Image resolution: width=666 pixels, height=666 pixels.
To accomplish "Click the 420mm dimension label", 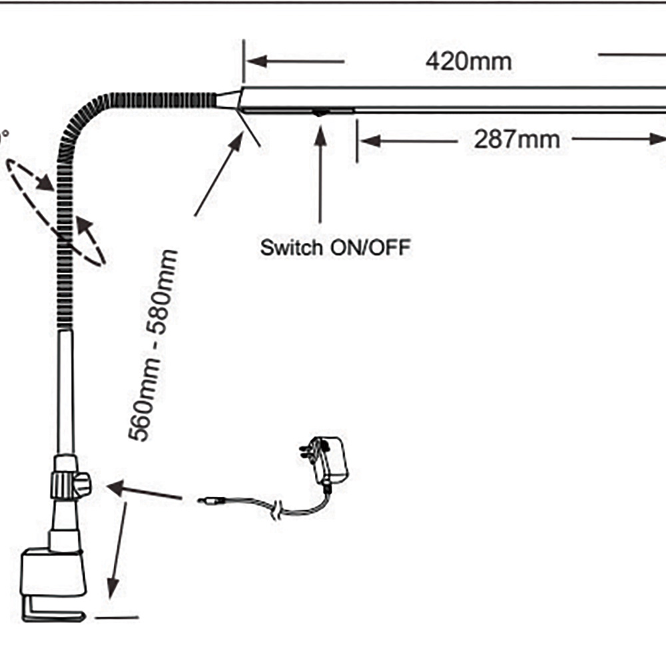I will [469, 61].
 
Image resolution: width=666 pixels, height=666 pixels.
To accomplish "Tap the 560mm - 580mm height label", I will [153, 345].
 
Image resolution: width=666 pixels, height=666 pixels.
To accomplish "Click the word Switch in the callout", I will [291, 248].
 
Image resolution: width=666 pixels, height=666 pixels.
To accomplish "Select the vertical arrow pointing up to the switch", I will [320, 173].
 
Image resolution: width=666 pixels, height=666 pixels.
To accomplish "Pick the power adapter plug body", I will [331, 460].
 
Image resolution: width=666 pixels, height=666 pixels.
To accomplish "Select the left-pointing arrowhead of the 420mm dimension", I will [257, 61].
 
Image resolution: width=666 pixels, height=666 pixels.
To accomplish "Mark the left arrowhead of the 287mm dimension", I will [370, 141].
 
